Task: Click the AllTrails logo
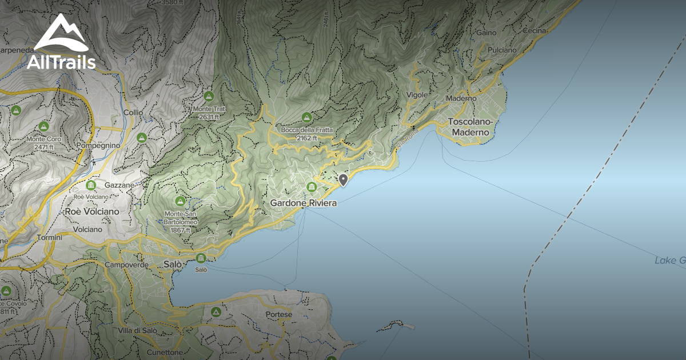pos(61,42)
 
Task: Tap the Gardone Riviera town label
pos(303,203)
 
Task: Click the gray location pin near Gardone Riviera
pos(343,181)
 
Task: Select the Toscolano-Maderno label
pos(469,127)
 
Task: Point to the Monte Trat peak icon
pos(208,96)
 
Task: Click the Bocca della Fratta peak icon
pos(307,118)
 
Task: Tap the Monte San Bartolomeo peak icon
pos(180,201)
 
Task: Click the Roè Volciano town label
pos(93,211)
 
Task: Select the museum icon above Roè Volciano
pos(91,185)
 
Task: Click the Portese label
pos(279,314)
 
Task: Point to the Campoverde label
pos(126,265)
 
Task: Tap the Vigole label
pos(417,94)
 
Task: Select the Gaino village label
pos(486,33)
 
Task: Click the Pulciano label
pos(502,50)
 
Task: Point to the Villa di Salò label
pos(137,331)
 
